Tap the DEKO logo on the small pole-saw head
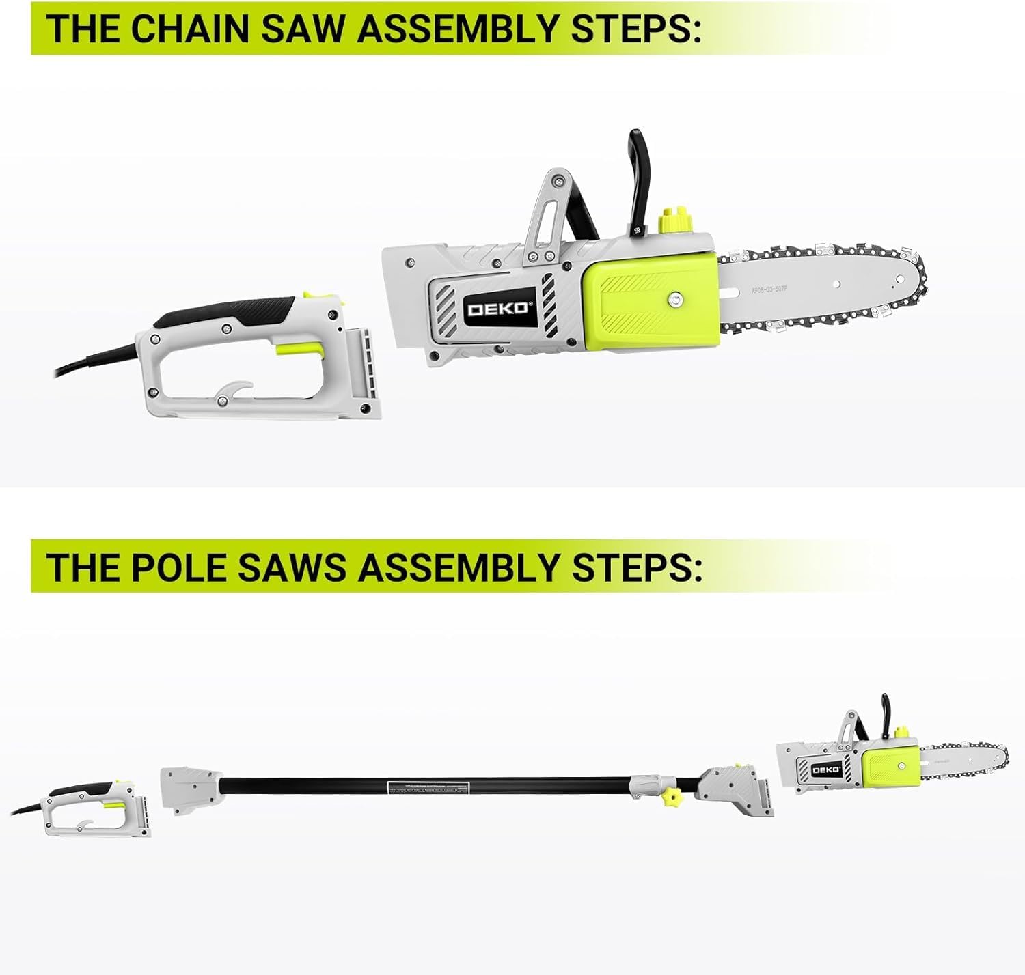(826, 770)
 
